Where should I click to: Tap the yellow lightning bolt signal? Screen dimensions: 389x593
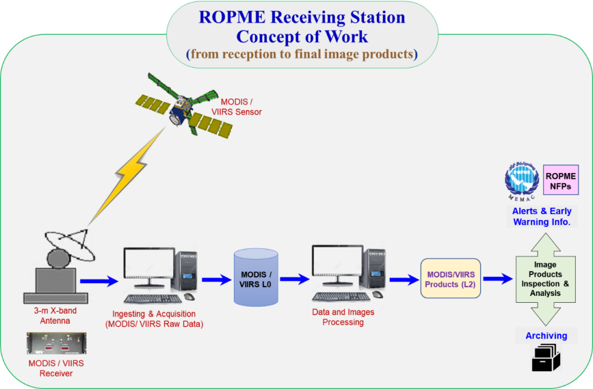(124, 174)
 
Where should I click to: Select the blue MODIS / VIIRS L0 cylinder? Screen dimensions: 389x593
(255, 277)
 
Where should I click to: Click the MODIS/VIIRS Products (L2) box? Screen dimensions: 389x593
(451, 278)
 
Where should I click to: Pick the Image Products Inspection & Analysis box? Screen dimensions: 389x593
(545, 279)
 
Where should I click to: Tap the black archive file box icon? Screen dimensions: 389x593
(546, 357)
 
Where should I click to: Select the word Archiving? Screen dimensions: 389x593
(546, 336)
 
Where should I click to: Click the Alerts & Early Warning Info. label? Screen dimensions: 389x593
(541, 216)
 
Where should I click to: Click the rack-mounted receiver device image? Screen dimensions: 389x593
(56, 343)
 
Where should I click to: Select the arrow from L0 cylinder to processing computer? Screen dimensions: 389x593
(294, 279)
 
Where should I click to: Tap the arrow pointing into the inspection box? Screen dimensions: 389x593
(497, 279)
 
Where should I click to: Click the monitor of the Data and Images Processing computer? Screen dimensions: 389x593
(335, 265)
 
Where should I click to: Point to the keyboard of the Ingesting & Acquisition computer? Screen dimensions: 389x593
(145, 299)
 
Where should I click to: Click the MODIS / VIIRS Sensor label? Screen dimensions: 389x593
(236, 107)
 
